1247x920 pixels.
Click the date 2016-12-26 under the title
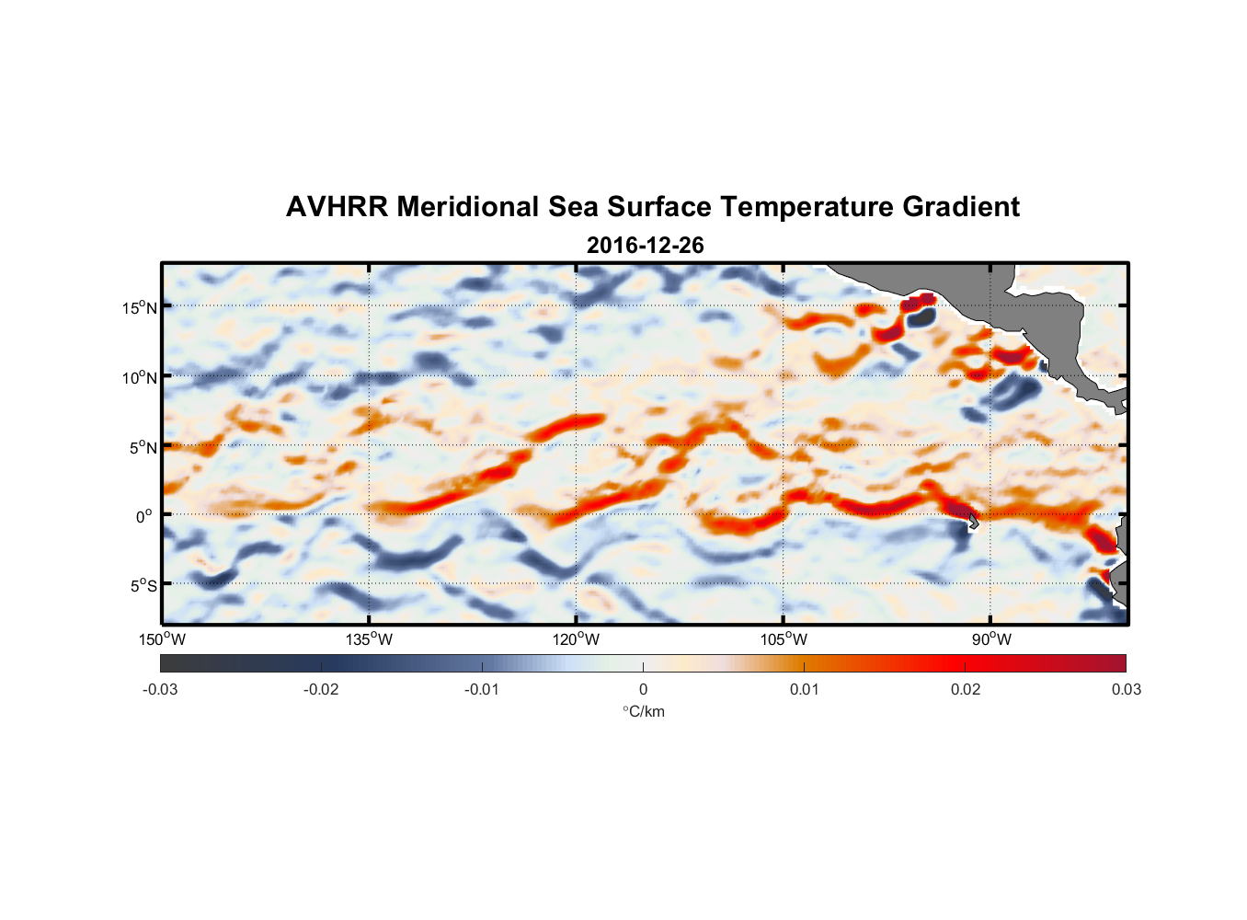click(645, 245)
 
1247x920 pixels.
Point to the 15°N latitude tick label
click(140, 307)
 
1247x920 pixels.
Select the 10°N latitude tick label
click(140, 377)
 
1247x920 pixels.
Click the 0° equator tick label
click(144, 517)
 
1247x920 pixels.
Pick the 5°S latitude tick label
click(143, 586)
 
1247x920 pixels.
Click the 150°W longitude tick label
click(162, 639)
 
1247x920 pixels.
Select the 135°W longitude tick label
click(369, 639)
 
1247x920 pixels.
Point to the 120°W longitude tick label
click(576, 639)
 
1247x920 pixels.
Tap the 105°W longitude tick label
click(784, 639)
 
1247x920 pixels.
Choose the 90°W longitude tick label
click(991, 639)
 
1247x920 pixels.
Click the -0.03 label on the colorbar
click(160, 689)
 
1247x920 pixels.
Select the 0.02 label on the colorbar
click(966, 689)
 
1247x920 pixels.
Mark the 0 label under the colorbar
click(643, 689)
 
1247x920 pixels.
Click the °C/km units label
click(643, 711)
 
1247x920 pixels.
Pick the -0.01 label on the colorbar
click(482, 689)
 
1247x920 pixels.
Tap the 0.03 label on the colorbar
click(1127, 689)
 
